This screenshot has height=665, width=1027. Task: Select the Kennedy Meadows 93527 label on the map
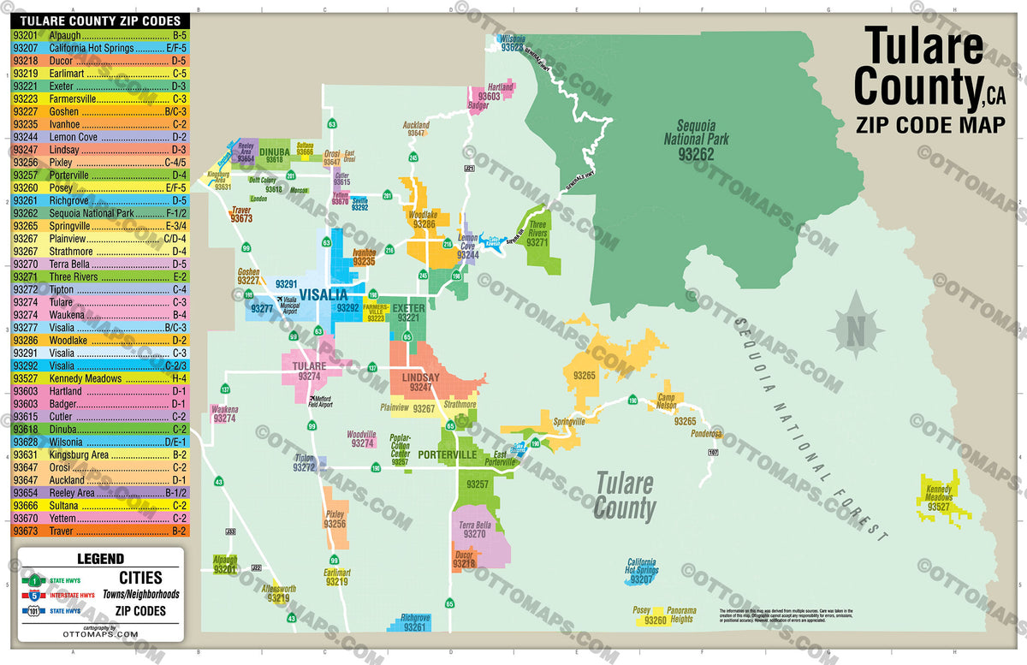pos(940,498)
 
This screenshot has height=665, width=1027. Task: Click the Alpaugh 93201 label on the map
pos(225,564)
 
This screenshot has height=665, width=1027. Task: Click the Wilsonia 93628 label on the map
pos(512,44)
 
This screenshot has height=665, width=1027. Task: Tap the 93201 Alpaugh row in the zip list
pos(101,35)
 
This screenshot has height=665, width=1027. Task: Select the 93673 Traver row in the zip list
pos(101,531)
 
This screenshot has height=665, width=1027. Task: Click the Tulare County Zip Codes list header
pos(101,21)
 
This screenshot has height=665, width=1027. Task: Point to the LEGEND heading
pos(100,558)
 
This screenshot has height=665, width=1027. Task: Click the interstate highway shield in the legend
pos(33,595)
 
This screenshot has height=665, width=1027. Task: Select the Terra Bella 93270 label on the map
pos(475,529)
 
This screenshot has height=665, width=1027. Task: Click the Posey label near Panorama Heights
pos(641,611)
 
